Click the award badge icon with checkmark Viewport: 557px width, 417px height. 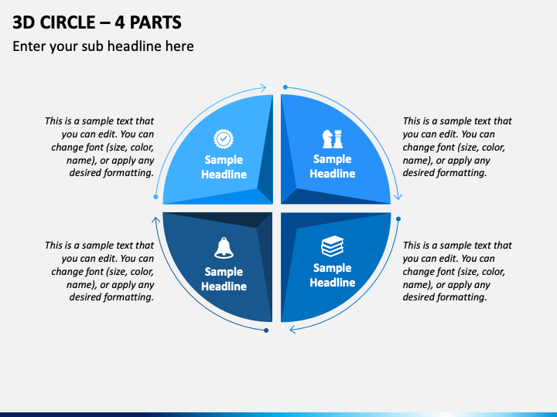(224, 138)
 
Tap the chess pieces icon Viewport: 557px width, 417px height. (332, 138)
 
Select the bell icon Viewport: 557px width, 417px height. (224, 248)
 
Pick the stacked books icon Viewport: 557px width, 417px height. (332, 247)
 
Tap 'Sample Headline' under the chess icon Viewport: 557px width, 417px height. (332, 166)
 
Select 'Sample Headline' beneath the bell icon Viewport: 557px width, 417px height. (224, 279)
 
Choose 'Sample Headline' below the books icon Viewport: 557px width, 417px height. (332, 275)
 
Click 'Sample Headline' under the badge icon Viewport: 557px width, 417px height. (224, 167)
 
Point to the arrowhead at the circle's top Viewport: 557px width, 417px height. (263, 88)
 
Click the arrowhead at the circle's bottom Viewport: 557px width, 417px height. (293, 330)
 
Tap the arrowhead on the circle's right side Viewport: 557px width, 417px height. (398, 197)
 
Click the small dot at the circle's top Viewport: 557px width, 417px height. (285, 87)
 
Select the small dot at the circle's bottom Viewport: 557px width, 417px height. (266, 331)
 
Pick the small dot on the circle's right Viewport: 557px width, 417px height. (398, 219)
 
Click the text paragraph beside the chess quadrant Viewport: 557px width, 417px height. (456, 147)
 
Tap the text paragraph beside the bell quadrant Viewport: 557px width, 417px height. (100, 271)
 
